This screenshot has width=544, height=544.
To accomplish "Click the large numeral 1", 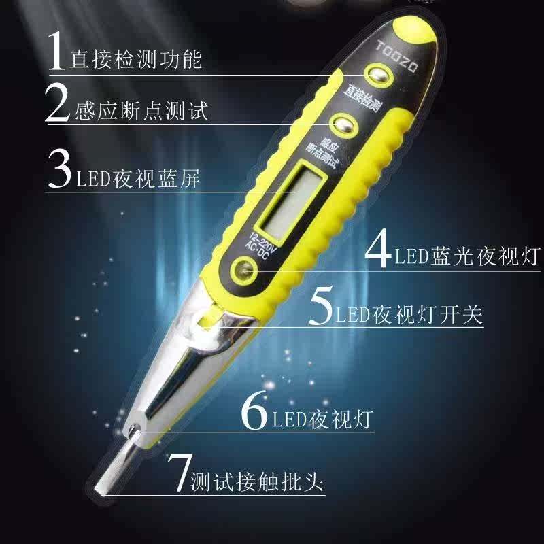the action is pos(56,50).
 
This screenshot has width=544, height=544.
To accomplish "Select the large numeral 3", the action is pos(60,169).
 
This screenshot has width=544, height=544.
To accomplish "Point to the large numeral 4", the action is pos(378,248).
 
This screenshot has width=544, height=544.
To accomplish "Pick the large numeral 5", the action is pos(321,305).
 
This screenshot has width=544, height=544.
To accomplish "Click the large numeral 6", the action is pos(254,411).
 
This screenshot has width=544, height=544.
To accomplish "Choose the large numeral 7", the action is pos(180,472).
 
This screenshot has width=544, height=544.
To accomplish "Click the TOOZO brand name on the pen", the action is pos(397,56).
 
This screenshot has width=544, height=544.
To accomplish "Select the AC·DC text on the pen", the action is pos(257,250).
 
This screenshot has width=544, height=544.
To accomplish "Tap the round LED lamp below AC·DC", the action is pos(244,269).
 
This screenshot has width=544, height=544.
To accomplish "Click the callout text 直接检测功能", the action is pos(136,59).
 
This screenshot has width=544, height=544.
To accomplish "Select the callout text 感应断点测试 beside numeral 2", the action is pos(141,111).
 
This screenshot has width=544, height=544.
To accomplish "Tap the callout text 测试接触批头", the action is pos(257,481).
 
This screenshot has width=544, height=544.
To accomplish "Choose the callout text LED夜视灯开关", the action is pos(409,315).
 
